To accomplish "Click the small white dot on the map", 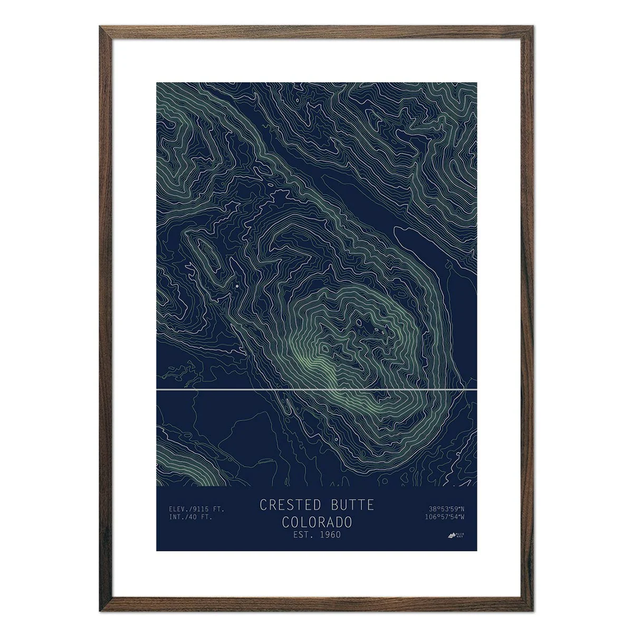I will pos(237,285).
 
